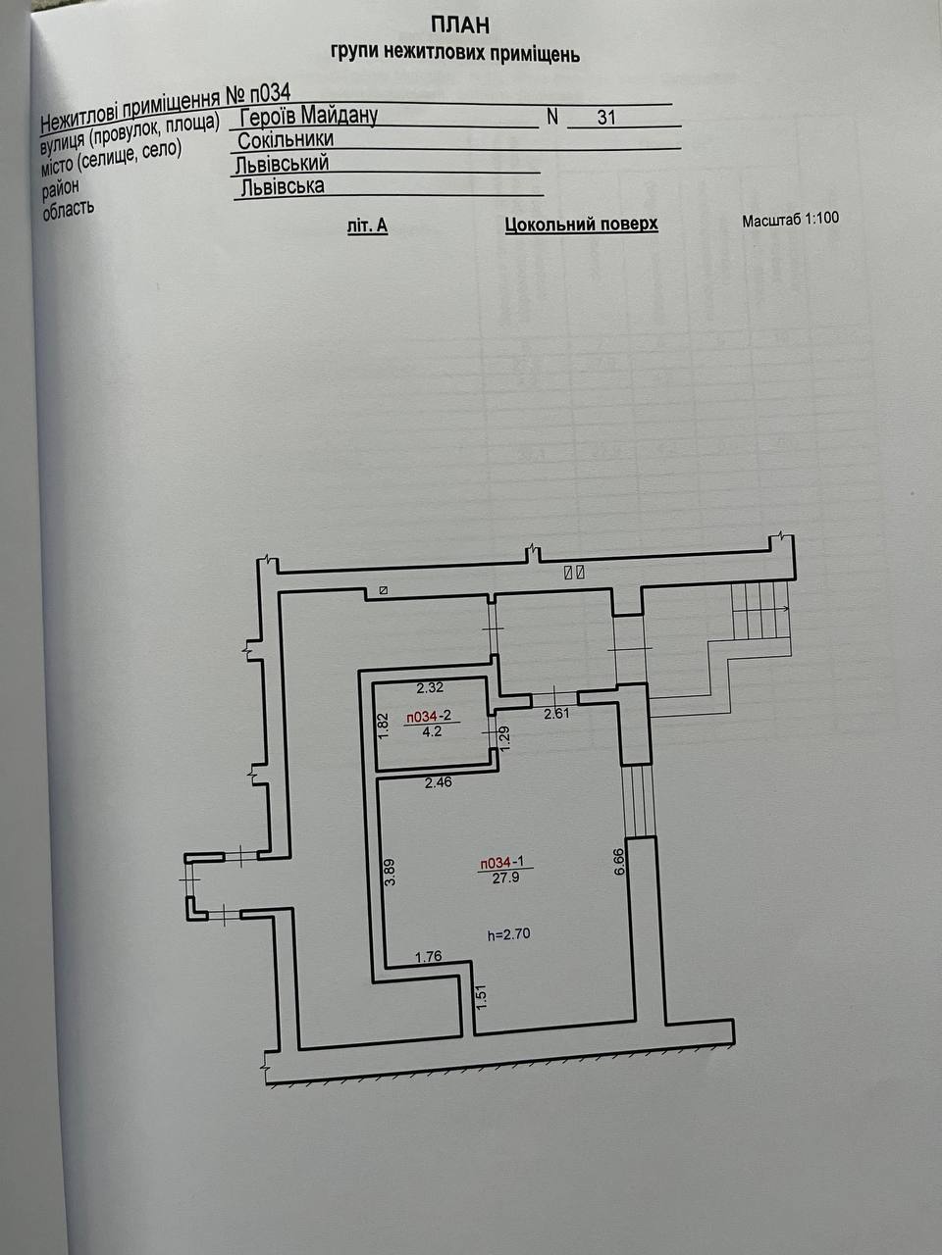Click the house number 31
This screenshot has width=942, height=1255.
coord(606,118)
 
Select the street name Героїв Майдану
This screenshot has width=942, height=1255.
coord(308,116)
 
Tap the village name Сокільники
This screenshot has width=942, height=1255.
coord(286,140)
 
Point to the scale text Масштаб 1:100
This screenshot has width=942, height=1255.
coord(790,219)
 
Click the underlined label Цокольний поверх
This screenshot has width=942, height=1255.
coord(581,225)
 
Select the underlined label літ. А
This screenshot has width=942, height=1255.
coord(368,226)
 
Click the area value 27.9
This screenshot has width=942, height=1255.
coord(505,878)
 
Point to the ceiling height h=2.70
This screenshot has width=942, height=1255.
coord(508,934)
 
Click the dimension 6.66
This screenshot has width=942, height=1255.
coord(618,862)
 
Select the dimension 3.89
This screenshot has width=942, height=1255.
coord(390,872)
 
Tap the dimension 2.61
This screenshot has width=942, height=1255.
coord(557,714)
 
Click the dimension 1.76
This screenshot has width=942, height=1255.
coord(429,957)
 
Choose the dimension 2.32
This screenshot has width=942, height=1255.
coord(431,688)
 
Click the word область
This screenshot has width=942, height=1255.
coord(67,208)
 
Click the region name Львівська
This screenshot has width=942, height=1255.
coord(283,186)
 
